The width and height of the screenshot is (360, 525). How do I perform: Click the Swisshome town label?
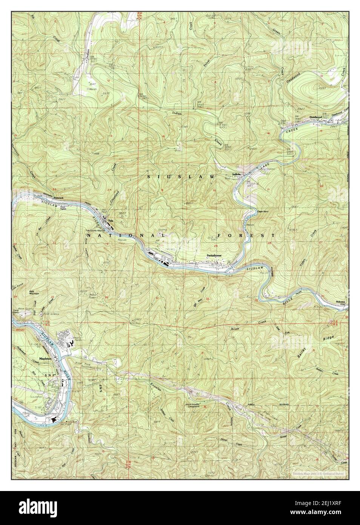coord(213,256)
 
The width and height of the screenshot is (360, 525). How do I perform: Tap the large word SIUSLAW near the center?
coord(180,176)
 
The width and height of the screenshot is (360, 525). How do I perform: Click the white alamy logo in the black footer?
coord(36,508)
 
